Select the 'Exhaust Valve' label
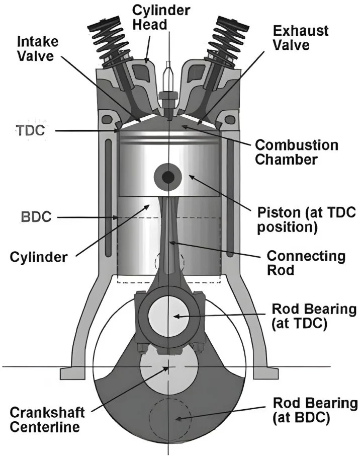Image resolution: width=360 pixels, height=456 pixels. (x=301, y=39)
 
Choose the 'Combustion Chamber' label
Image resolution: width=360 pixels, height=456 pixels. (x=297, y=153)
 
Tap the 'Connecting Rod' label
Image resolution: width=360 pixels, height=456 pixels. (x=301, y=263)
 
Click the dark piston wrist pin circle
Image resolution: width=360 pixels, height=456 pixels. (x=167, y=177)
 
